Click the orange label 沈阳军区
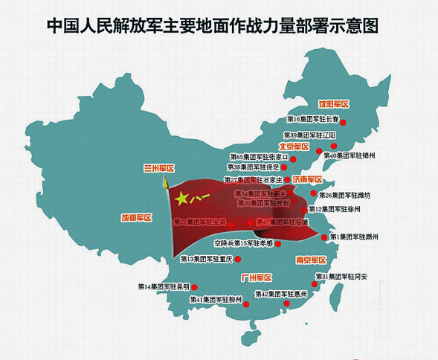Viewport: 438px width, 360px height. point(334,105)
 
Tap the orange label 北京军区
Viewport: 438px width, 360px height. point(294,147)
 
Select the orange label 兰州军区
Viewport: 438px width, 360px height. point(158,170)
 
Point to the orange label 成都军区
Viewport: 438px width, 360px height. point(136,218)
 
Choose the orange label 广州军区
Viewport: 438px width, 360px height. point(257,277)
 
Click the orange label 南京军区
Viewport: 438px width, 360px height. point(311,260)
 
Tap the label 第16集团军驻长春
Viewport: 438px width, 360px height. point(312,119)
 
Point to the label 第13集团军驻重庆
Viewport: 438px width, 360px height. point(207,259)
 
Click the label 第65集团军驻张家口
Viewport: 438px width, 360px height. point(254,157)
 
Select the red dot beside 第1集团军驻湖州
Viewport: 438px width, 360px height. point(324,237)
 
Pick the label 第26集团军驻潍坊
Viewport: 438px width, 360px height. point(344,195)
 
